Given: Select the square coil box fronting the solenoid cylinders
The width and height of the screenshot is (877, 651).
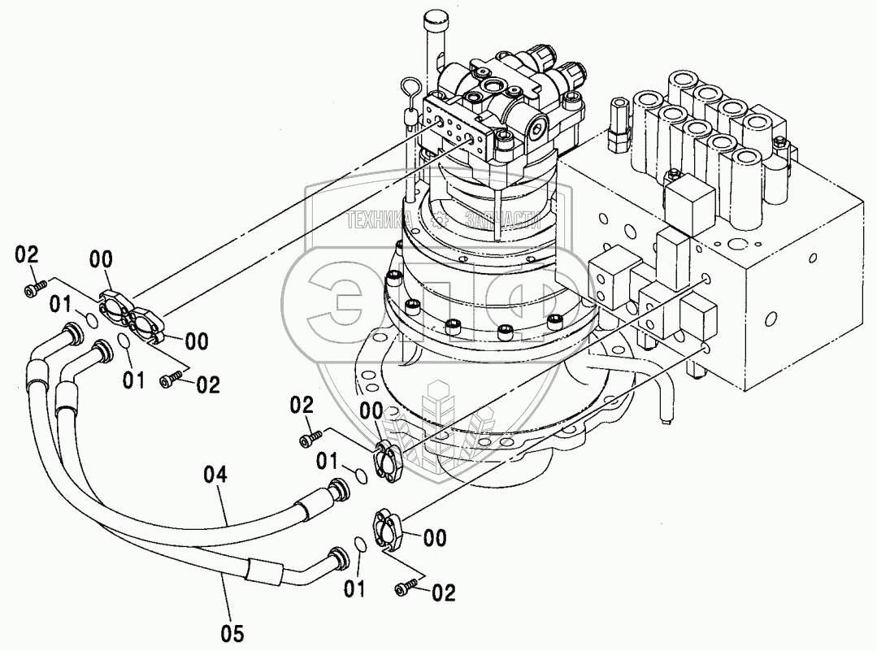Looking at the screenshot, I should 688,198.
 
